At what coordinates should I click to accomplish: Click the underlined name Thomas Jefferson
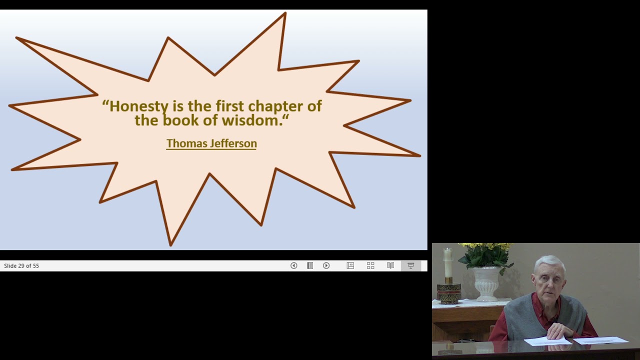click(211, 143)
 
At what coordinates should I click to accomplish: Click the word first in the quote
click(230, 106)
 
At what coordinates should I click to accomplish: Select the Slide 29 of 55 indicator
click(21, 266)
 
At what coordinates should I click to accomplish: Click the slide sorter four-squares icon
click(370, 266)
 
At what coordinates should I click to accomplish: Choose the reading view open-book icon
click(390, 266)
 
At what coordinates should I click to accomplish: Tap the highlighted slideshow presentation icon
click(411, 266)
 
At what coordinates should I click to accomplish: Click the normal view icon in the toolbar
click(350, 266)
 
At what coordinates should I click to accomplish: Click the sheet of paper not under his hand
click(601, 340)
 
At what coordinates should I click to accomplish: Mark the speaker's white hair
click(549, 263)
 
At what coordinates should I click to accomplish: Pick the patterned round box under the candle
click(448, 293)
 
